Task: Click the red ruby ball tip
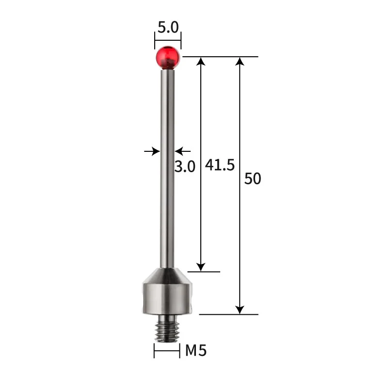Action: [x=168, y=56]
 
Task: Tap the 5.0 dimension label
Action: [x=168, y=28]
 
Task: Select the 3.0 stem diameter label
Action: [x=184, y=166]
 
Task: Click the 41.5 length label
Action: [x=220, y=165]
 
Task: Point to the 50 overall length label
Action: [x=253, y=178]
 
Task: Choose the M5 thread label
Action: [x=196, y=350]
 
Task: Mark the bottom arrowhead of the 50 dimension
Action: [x=239, y=309]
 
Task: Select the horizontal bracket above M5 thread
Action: [x=167, y=351]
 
